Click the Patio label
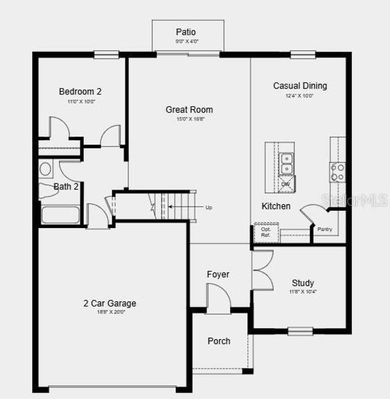[186, 32]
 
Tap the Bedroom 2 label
[80, 92]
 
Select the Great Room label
[189, 110]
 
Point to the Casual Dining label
[300, 86]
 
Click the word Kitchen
[276, 206]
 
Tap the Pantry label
[324, 230]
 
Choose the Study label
[302, 283]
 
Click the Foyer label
[218, 274]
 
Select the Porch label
[219, 341]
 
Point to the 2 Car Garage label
[110, 303]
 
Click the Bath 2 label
[66, 187]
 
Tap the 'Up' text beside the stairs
[209, 207]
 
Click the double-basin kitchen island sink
[287, 160]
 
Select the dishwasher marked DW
[286, 182]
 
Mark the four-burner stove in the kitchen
[338, 173]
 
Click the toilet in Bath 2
[46, 169]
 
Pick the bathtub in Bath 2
[60, 215]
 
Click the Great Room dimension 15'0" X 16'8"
[189, 120]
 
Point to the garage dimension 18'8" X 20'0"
[110, 311]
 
